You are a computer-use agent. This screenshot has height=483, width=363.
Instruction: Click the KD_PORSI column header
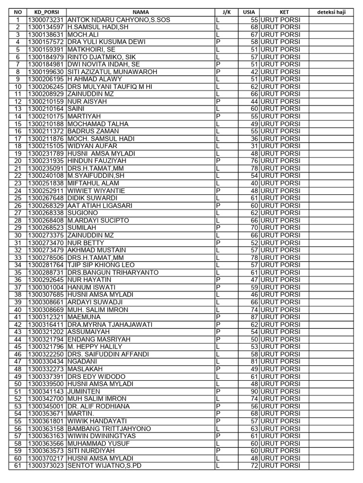click(46, 12)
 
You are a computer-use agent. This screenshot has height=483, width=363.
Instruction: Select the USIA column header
click(248, 12)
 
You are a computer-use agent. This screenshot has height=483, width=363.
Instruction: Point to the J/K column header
click(226, 12)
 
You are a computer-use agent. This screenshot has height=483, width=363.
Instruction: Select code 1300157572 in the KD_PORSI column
click(46, 42)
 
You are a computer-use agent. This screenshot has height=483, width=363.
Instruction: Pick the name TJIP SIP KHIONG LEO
click(101, 265)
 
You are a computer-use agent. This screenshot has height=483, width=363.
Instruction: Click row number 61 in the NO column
click(18, 466)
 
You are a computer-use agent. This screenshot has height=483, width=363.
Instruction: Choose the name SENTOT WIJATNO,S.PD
click(104, 466)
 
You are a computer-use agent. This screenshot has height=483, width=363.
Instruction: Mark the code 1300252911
click(46, 191)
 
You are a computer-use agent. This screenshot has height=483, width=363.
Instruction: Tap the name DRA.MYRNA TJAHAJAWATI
click(109, 325)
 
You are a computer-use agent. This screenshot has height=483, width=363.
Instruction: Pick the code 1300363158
click(46, 429)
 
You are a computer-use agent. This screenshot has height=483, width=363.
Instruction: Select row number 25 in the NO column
click(18, 198)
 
